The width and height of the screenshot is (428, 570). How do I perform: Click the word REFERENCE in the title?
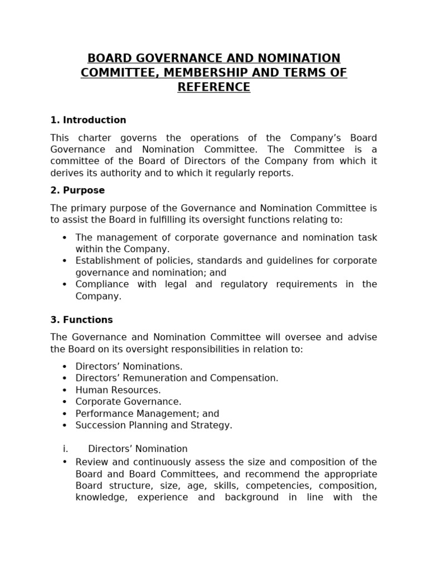point(214,87)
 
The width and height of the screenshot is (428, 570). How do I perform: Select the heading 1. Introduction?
point(88,120)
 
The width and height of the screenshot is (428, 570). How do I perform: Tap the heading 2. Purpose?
point(77,190)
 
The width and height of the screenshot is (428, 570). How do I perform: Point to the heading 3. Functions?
point(81,320)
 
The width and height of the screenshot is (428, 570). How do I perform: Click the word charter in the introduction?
point(90,138)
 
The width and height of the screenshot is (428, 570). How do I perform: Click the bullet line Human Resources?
point(118,390)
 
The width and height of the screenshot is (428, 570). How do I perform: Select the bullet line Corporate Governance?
point(128,402)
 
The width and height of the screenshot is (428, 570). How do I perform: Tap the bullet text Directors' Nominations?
point(129,366)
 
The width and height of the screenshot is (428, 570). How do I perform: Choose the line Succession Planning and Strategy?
point(154,425)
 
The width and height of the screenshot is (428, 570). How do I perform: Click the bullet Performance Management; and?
point(147,414)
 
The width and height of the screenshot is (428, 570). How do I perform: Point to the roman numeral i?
point(65,449)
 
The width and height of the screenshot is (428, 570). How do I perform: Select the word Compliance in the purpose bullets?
point(99,284)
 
